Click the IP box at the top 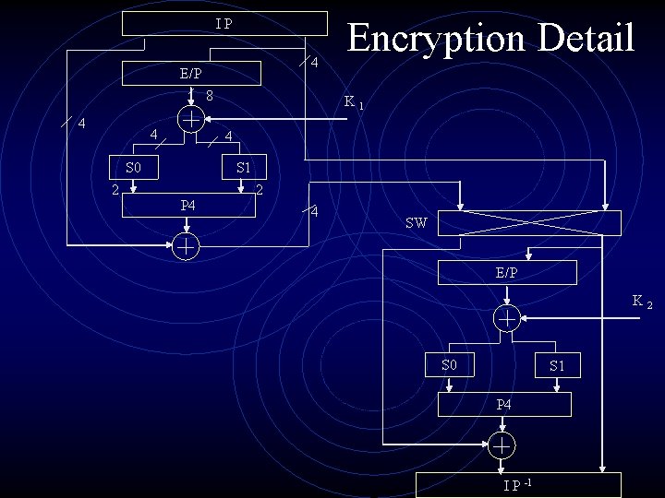click(225, 23)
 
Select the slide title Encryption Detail click(490, 39)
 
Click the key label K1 click(354, 101)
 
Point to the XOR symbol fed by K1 click(190, 119)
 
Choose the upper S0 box click(134, 168)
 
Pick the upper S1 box click(244, 168)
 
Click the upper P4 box click(188, 204)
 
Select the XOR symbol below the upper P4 click(186, 246)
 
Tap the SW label click(416, 223)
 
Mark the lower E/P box click(506, 272)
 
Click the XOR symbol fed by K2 click(506, 318)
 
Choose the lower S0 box click(450, 365)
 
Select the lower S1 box click(557, 366)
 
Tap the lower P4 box click(503, 404)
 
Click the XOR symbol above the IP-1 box click(502, 445)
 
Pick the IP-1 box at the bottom click(518, 485)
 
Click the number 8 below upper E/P click(211, 96)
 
